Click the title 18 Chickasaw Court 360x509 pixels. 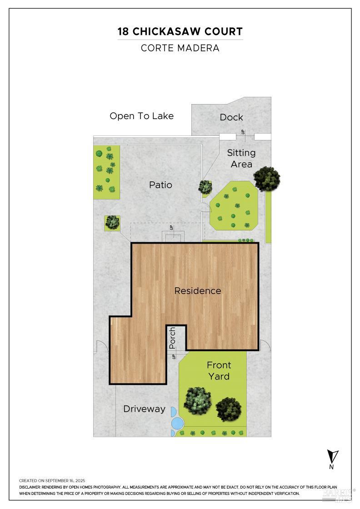coord(180,31)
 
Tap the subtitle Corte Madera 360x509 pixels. coord(180,48)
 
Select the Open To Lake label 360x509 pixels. coord(141,116)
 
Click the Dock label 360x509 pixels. coord(231,117)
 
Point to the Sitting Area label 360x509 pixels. coord(241,158)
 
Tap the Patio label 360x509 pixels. coord(160,185)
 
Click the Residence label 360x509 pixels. coord(198,290)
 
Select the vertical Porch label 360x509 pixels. coord(172,338)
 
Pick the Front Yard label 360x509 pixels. coord(219,370)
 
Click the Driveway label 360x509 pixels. coord(144,409)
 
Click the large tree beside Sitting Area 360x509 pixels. coord(267,179)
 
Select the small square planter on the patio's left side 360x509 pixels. coord(112,222)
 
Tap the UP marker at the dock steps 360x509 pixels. coord(243,132)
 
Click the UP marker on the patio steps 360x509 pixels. coord(172,227)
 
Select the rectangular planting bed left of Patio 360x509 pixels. coord(106,172)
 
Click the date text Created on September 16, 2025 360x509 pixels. coord(52,480)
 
